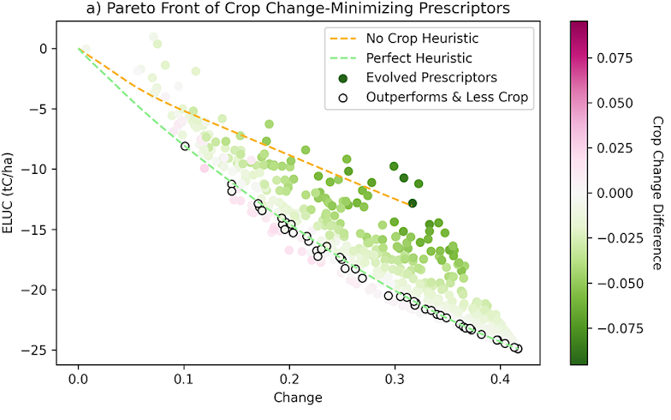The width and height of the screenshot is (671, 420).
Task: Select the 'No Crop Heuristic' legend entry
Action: pos(421,39)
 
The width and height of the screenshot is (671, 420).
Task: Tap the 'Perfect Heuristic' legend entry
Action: pos(419,58)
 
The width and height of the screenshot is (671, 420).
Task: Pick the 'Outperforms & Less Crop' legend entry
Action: pos(448,97)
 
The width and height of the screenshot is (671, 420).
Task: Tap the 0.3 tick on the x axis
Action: pos(395,378)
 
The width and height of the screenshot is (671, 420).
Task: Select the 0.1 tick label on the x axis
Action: pos(184,378)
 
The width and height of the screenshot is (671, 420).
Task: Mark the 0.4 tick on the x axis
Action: pos(501,378)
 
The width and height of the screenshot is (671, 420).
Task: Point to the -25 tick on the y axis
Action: pos(37,350)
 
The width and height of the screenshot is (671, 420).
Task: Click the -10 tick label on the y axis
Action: pos(37,169)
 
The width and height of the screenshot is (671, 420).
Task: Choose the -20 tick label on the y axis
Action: pos(37,290)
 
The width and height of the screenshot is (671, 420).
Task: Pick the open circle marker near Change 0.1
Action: pos(185,147)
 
